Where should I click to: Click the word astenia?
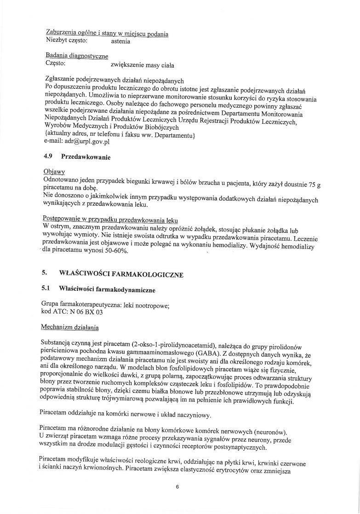121,41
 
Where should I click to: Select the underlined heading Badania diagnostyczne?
77,56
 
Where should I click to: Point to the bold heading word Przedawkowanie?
85,157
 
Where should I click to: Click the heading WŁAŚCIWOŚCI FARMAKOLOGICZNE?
121,275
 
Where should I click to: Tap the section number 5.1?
47,289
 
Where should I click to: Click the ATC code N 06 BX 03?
86,312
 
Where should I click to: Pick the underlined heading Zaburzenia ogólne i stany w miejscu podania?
107,34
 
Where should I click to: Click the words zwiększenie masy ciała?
143,65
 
